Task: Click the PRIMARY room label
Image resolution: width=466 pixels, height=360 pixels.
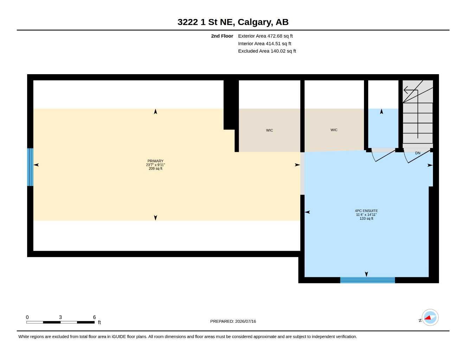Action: pyautogui.click(x=155, y=161)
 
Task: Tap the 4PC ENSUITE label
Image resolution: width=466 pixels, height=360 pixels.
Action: pyautogui.click(x=366, y=211)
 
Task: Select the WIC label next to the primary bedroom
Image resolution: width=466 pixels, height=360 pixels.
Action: pyautogui.click(x=269, y=130)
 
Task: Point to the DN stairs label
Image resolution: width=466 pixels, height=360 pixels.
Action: pyautogui.click(x=417, y=153)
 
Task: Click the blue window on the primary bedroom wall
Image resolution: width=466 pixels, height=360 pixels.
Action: pyautogui.click(x=30, y=167)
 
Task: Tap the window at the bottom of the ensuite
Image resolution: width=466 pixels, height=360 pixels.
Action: pyautogui.click(x=368, y=280)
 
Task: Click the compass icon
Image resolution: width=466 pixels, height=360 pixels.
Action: pyautogui.click(x=430, y=317)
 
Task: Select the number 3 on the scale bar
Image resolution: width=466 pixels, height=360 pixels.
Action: pyautogui.click(x=60, y=317)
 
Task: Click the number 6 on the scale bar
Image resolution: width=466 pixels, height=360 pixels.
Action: pyautogui.click(x=94, y=317)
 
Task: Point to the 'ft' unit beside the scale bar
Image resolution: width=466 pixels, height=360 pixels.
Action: pyautogui.click(x=99, y=322)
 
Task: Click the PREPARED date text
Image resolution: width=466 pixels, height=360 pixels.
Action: pyautogui.click(x=233, y=321)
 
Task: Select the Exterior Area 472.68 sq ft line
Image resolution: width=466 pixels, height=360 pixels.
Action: pyautogui.click(x=265, y=36)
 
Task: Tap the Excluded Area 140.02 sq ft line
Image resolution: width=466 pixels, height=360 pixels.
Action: pyautogui.click(x=267, y=51)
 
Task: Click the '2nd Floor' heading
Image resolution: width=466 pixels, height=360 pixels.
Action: pyautogui.click(x=222, y=36)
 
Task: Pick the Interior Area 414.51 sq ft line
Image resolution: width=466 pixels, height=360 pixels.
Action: pyautogui.click(x=264, y=44)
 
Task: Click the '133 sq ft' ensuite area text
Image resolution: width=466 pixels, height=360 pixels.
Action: pyautogui.click(x=366, y=219)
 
